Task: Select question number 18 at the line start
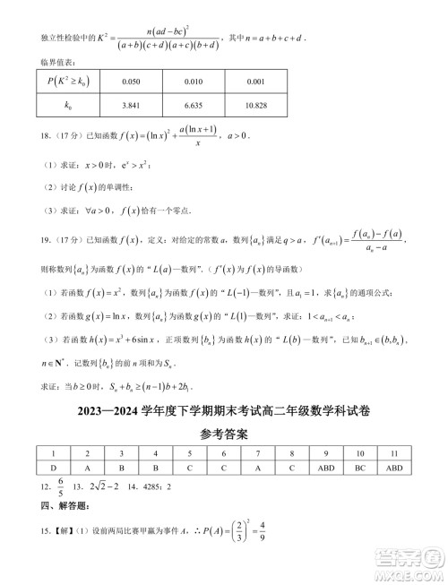point(22,135)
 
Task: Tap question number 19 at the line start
point(22,240)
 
